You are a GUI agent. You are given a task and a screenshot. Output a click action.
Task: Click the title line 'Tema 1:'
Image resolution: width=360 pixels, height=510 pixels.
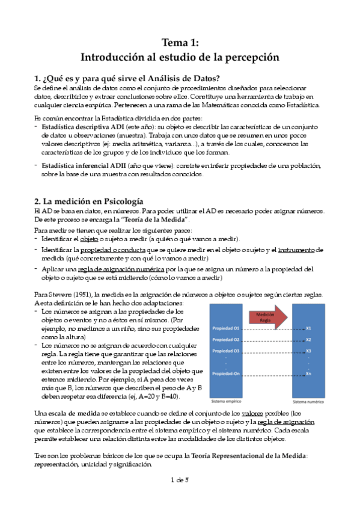[180, 42]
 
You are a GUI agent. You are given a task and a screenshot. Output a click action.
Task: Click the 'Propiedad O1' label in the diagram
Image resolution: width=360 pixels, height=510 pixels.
[226, 328]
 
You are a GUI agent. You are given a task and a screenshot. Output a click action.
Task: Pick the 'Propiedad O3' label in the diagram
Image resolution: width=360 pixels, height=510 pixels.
[226, 351]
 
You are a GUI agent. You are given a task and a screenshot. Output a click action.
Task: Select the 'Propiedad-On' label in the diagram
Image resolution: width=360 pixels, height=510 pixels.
[226, 374]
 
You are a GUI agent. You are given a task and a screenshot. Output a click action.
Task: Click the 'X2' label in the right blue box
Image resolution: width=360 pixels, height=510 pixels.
[308, 340]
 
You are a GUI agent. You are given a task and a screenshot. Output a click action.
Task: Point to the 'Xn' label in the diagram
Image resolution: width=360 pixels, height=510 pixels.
[308, 374]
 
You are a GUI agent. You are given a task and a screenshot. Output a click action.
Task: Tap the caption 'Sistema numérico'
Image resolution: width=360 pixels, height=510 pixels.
[308, 401]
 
